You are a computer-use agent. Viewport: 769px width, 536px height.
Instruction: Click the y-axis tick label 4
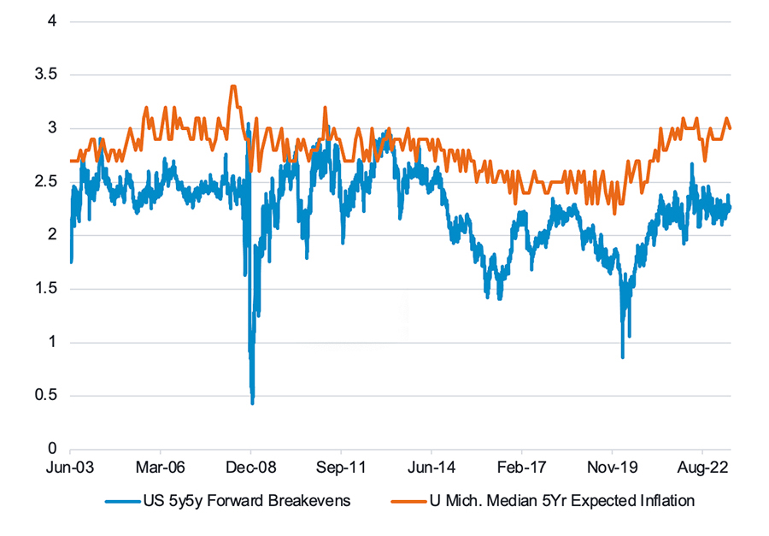[x=52, y=21]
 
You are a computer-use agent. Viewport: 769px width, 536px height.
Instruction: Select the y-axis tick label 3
[x=52, y=127]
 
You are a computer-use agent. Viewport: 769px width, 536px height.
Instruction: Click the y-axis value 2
[x=52, y=234]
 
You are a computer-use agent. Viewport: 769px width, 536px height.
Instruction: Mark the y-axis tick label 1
[x=52, y=342]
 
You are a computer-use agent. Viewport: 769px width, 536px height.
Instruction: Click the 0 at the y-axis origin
[x=52, y=449]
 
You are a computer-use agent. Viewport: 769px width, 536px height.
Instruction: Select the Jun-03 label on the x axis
[x=70, y=468]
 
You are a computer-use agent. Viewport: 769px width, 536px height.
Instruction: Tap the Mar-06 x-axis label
[x=161, y=468]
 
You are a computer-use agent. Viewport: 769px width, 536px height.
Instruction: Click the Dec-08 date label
[x=250, y=468]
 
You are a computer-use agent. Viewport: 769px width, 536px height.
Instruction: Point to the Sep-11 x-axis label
[x=341, y=468]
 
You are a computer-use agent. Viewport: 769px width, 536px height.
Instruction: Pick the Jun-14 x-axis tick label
[x=431, y=468]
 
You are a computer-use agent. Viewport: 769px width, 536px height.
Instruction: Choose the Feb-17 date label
[x=521, y=468]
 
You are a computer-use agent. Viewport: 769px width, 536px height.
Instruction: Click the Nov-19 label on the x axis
[x=612, y=468]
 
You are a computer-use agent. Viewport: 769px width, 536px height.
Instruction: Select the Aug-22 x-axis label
[x=702, y=468]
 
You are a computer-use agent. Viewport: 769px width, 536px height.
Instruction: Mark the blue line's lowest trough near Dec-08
[x=252, y=402]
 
